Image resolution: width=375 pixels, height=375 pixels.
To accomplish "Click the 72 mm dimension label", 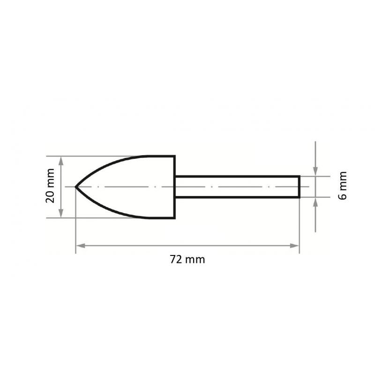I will (187, 259).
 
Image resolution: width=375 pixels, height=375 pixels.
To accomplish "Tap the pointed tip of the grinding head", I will (76, 187).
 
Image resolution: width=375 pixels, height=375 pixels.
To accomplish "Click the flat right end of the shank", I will (299, 187).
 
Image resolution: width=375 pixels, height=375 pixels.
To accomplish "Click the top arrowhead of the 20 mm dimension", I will (60, 160).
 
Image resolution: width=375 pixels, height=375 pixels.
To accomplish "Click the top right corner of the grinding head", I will (174, 156).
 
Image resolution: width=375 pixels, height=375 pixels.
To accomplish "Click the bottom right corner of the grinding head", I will (174, 218).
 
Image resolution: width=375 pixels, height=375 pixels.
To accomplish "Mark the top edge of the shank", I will (237, 176).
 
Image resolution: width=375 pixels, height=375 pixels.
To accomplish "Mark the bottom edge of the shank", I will (237, 197).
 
